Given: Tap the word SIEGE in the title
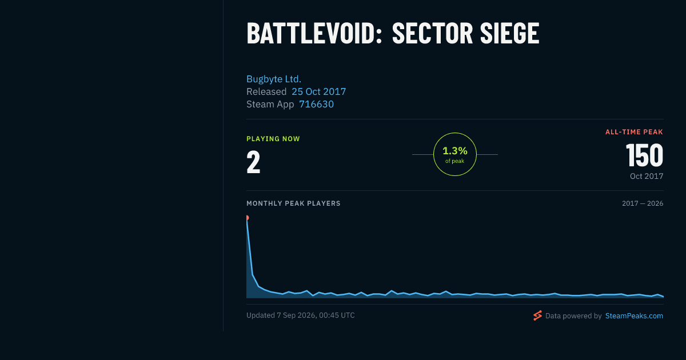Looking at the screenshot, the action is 509,33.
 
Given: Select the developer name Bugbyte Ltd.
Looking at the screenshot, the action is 274,79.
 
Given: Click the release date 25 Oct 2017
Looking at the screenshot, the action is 319,91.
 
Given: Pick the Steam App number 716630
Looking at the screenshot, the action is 316,104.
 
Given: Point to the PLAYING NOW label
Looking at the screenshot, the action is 273,139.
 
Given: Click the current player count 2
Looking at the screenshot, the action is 253,162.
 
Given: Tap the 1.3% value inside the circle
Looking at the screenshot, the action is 455,151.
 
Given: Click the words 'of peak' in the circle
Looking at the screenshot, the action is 455,161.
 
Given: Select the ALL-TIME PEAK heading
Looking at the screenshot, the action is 634,132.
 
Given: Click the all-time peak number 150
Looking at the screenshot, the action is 645,155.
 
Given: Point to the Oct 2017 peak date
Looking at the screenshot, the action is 647,176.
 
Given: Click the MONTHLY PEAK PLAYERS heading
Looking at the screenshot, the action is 293,203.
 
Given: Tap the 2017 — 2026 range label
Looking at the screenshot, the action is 643,203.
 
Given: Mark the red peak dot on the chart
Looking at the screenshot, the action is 247,218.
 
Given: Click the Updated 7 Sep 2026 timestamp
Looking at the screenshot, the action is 301,315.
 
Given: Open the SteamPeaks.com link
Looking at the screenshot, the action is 634,315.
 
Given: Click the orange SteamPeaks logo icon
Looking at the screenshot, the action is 537,315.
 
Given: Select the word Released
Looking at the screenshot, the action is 266,91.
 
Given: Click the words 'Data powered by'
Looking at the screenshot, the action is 573,316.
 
